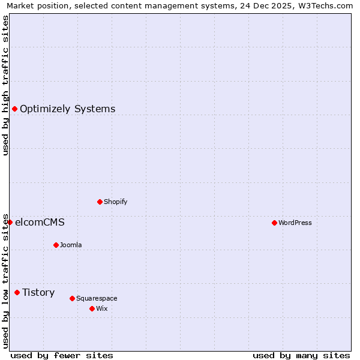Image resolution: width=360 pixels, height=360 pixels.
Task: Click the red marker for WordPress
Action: [274, 223]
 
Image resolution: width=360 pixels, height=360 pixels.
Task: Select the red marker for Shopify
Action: [100, 202]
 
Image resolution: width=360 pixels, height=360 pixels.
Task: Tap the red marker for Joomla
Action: [56, 245]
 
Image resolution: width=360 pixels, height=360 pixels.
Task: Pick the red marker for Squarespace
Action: [72, 298]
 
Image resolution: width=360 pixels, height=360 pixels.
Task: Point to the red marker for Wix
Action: [92, 308]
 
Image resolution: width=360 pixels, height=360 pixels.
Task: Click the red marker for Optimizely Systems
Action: [14, 109]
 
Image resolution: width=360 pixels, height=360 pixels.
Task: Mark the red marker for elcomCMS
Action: [10, 222]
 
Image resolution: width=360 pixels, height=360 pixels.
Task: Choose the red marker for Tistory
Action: [17, 292]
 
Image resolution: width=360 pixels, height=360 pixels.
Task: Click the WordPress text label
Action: [295, 223]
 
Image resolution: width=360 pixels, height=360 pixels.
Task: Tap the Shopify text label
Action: [116, 202]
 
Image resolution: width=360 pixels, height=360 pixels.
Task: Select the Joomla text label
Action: [71, 245]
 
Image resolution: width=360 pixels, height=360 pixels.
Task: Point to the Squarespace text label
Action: [97, 299]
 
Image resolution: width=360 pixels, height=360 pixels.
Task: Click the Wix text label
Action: [102, 309]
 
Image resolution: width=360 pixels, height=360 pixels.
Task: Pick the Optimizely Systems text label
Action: [68, 109]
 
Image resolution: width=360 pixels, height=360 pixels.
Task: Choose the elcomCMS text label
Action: [40, 223]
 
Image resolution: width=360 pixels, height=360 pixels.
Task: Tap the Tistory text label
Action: [38, 293]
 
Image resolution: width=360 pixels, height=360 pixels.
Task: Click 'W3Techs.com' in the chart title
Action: [326, 6]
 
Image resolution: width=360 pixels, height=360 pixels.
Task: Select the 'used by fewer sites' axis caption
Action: [62, 355]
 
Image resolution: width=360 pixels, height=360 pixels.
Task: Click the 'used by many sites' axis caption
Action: [301, 355]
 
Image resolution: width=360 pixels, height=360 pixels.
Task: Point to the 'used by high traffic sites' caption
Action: [6, 85]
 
